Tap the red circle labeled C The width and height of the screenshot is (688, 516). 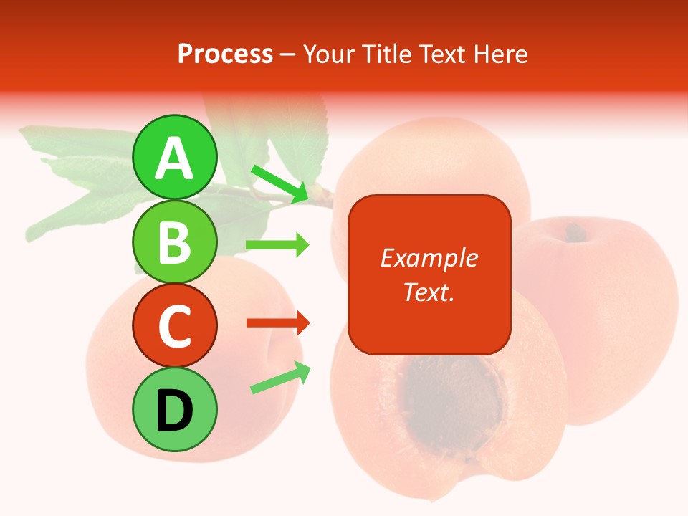[x=175, y=326]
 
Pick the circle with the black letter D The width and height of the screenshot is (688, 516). [x=175, y=409]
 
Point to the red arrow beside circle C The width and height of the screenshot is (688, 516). [x=277, y=323]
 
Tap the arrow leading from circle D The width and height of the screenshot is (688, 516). [x=280, y=378]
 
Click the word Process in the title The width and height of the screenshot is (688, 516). [x=225, y=54]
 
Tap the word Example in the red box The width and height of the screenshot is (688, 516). [x=429, y=258]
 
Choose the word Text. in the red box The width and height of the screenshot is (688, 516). [x=429, y=292]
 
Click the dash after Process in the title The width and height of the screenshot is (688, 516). [x=288, y=54]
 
